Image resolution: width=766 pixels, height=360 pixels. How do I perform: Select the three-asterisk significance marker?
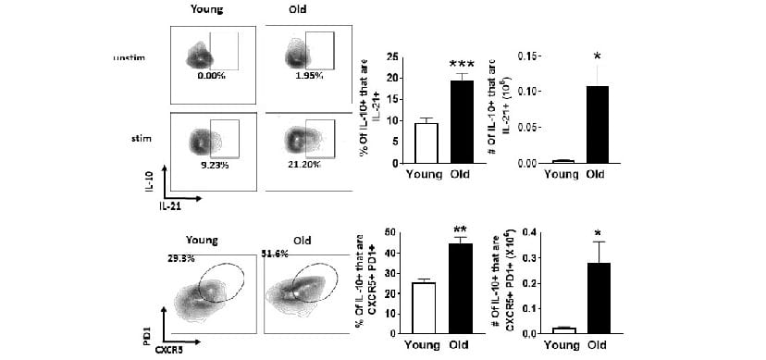462,65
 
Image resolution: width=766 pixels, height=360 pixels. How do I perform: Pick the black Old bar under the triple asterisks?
462,121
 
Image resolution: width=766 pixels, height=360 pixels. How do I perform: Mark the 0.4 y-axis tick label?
534,231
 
